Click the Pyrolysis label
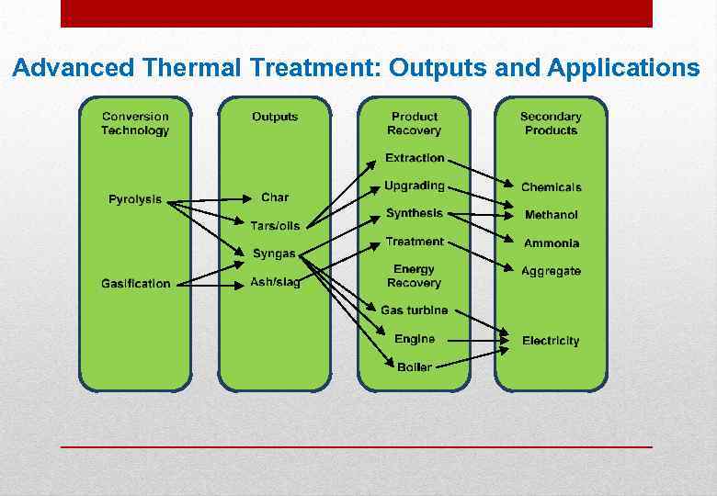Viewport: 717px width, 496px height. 135,199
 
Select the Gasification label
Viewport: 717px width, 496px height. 136,284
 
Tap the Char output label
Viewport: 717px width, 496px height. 275,197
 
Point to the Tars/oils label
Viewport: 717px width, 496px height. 275,226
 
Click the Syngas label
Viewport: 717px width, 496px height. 274,254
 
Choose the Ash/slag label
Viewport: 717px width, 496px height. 275,283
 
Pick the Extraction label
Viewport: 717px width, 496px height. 415,158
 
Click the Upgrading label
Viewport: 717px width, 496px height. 415,186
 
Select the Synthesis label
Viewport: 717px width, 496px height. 415,213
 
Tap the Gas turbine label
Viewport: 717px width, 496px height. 415,310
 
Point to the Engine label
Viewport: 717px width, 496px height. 415,339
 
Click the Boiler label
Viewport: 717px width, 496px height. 415,367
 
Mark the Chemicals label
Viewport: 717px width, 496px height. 552,187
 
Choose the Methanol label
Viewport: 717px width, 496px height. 552,215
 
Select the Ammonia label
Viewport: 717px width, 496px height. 552,243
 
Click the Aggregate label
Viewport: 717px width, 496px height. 552,271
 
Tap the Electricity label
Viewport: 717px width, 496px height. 551,341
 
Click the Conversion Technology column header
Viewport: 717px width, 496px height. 135,123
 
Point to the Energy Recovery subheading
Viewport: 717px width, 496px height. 414,276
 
